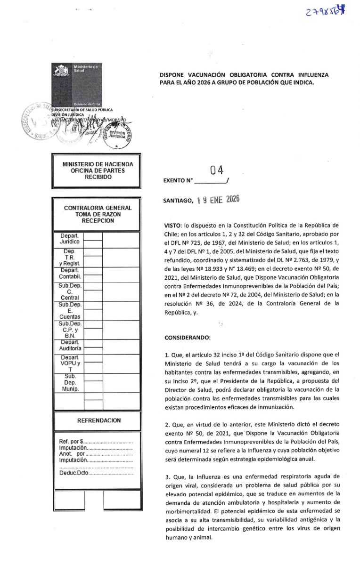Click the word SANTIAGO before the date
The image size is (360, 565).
tap(178, 201)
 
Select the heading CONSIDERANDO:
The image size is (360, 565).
tap(186, 338)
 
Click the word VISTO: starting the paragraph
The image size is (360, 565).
tap(172, 226)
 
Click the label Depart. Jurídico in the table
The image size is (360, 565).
tap(69, 238)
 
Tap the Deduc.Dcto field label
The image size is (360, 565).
tap(74, 472)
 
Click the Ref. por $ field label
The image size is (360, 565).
tap(71, 442)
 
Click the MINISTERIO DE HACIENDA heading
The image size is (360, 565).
tap(98, 164)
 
